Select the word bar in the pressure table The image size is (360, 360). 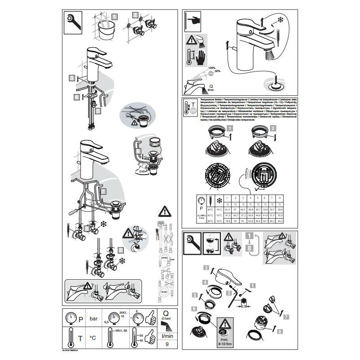tap(94, 319)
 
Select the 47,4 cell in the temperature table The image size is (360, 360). tap(226, 210)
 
